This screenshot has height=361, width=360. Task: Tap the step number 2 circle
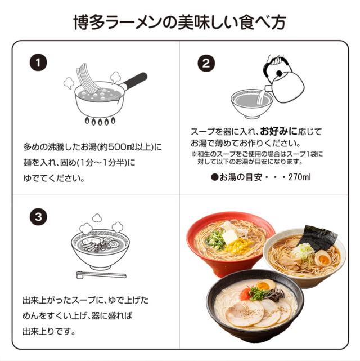coord(206,64)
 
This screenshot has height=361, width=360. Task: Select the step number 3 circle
coord(38,216)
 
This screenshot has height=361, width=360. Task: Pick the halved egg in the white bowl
coord(322,259)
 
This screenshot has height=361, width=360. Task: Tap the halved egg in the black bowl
coord(265,286)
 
